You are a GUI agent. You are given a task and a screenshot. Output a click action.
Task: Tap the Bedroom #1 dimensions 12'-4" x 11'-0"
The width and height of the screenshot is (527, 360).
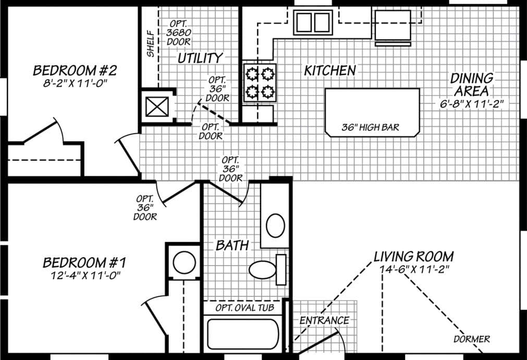pos(82,275)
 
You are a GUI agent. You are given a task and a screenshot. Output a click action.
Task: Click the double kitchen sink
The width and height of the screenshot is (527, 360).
pos(312,22)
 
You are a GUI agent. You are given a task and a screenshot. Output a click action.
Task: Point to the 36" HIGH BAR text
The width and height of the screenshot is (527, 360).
pos(371,127)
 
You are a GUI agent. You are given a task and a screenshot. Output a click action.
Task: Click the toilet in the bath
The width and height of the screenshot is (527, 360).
pos(264,269)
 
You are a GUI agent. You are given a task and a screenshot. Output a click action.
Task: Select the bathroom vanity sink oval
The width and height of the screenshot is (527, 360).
pos(275,225)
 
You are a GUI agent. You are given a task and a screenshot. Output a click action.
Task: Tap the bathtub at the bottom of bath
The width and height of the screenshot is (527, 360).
pos(243,334)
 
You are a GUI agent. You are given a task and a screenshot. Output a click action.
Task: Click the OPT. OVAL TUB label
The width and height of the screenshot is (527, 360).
pos(244,308)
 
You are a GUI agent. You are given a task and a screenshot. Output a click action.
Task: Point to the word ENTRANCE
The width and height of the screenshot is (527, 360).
pos(324,320)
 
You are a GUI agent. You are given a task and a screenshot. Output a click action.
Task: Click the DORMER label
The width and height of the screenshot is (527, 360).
pos(471,339)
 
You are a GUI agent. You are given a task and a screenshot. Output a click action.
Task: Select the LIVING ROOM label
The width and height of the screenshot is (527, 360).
pos(413,257)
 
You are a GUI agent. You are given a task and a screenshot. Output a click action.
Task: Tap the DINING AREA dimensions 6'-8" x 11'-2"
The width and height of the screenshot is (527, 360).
pos(471,103)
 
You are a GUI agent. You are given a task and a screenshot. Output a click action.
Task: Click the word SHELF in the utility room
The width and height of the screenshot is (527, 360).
pos(150,43)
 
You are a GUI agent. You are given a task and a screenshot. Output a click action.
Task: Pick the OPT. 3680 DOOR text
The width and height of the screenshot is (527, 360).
pos(179,32)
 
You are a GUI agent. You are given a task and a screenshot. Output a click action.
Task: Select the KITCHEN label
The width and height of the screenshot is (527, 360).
pos(330,70)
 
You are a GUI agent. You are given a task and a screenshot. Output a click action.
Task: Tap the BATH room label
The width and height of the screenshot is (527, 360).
pos(232,245)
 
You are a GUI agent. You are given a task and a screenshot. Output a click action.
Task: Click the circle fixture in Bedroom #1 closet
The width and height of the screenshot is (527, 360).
pos(184,262)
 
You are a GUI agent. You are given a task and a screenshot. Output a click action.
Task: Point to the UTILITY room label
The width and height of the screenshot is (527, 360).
pos(200,58)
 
